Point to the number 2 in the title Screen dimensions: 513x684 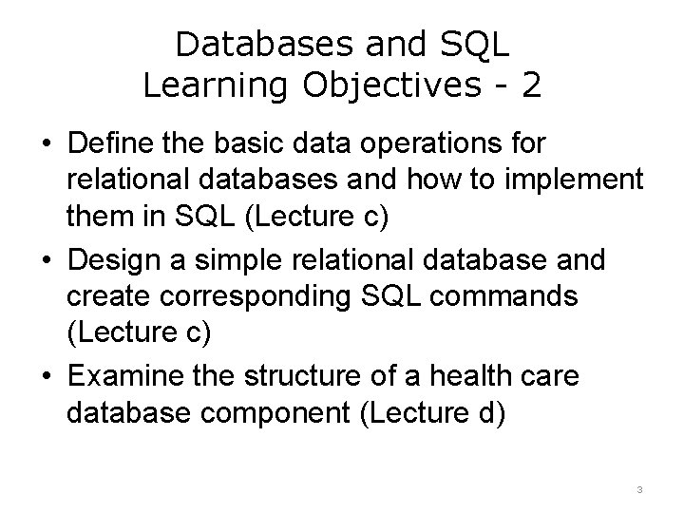pyautogui.click(x=531, y=85)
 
